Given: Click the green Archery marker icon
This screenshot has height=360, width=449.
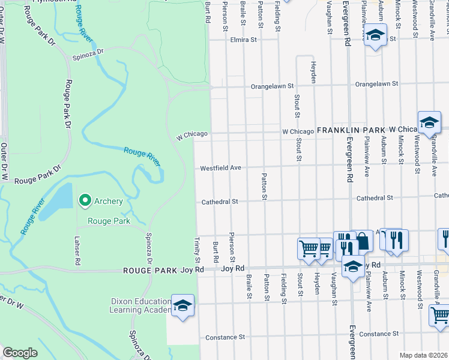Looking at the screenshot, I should point(85,200).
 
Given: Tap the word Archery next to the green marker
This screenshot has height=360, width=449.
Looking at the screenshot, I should point(108,201).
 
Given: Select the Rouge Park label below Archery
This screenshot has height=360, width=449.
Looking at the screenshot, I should point(109,221).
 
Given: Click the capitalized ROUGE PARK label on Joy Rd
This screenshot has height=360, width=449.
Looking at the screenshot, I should point(150,271).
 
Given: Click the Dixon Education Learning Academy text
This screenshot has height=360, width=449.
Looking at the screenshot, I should point(140,305).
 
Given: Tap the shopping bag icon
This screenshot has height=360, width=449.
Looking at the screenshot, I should point(363,241).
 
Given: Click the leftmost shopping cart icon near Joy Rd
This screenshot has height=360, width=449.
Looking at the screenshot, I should point(309,247).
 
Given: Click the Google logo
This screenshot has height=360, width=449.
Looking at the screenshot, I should point(20,352).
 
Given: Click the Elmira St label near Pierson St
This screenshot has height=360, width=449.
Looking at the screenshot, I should point(243,40).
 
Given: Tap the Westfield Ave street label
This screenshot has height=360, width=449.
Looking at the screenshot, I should point(220,168).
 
